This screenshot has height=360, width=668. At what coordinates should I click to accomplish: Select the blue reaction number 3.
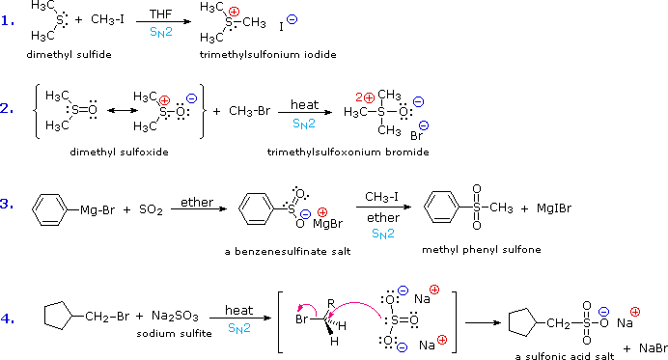click(8, 204)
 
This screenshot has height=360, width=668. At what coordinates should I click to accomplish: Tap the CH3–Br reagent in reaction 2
click(243, 111)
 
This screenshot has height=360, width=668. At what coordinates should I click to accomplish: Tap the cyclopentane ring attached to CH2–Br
click(57, 315)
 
